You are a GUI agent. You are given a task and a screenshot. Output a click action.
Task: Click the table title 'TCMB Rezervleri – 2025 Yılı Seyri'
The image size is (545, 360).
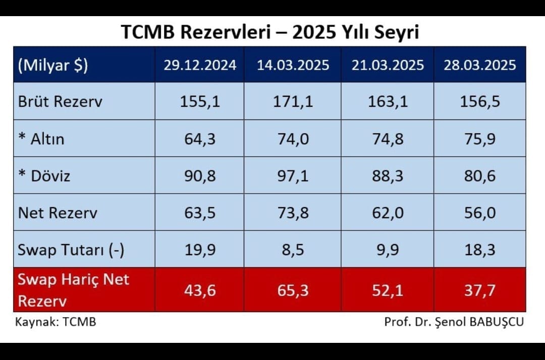coord(270,32)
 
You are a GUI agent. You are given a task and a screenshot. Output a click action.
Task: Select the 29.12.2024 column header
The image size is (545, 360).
coord(200,65)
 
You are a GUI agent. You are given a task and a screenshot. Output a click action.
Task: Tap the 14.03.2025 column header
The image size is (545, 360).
coord(293,65)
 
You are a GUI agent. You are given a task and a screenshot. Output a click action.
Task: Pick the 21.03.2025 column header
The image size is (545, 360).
coord(388,65)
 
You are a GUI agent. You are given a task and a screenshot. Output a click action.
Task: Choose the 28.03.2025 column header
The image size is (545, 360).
coord(480,65)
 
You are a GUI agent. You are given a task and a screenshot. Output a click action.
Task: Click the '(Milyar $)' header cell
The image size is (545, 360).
coord(52,66)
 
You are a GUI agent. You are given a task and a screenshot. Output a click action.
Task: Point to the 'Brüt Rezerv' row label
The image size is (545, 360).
coord(60,101)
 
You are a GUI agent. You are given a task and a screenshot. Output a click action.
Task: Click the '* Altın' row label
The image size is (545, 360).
coord(41,139)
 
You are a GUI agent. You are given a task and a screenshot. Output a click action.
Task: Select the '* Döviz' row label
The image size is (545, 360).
coord(44,175)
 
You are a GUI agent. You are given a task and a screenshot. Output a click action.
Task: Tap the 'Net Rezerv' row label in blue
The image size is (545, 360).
coord(58,212)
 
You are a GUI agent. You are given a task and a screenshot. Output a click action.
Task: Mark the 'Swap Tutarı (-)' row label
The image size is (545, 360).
coord(71,250)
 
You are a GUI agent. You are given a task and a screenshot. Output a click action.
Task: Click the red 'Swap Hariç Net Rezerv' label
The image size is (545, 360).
coord(74,290)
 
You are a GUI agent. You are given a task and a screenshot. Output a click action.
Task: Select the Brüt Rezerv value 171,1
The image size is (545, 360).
coord(293,101)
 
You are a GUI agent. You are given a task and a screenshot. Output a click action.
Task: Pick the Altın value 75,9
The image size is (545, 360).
coord(480,139)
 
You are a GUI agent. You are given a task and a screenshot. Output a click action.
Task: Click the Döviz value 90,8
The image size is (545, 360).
coord(200,175)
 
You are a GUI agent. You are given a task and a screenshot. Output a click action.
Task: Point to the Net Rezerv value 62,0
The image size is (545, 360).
coord(388,212)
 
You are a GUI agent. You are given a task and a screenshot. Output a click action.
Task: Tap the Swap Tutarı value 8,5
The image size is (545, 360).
coord(293,250)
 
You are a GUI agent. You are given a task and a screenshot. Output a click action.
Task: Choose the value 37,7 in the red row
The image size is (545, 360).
coord(480,290)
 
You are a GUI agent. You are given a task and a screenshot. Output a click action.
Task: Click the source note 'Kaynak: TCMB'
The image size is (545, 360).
coord(56,322)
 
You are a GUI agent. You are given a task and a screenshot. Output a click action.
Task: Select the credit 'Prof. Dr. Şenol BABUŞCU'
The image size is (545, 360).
coord(454,322)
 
